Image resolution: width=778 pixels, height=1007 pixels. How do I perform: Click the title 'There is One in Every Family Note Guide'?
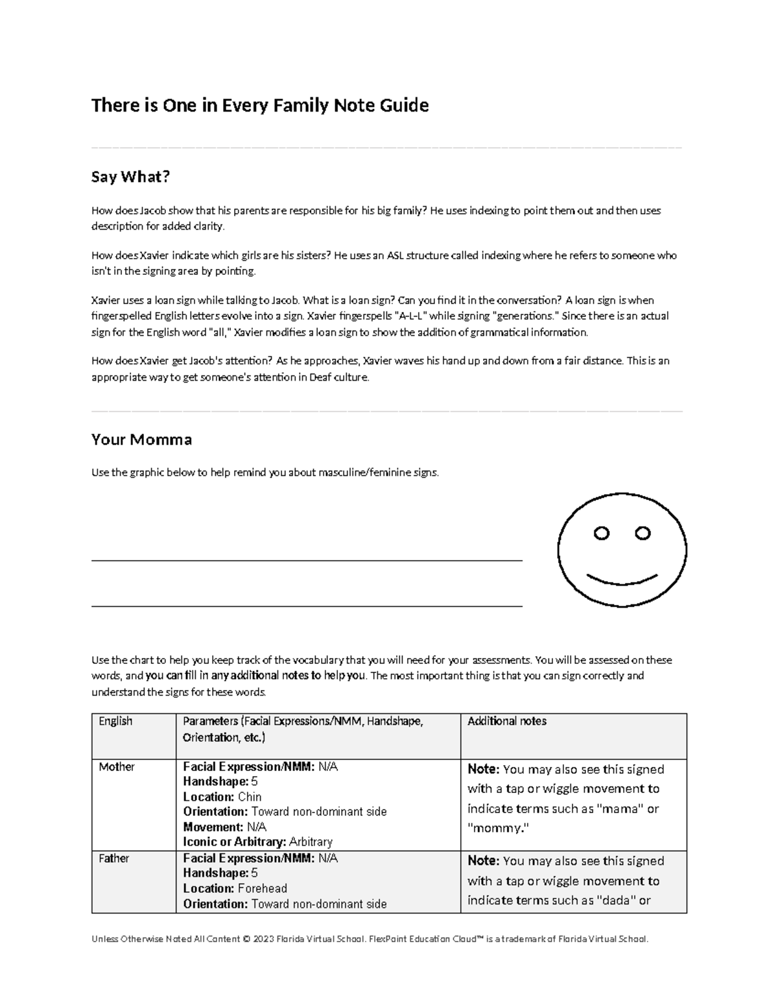(x=260, y=105)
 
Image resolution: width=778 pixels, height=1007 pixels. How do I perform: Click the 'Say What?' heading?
(x=130, y=177)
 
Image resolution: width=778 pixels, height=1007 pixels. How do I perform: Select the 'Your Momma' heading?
(x=141, y=440)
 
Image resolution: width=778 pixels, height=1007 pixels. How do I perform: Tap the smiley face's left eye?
(x=602, y=534)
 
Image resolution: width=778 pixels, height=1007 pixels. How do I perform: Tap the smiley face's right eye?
(x=642, y=533)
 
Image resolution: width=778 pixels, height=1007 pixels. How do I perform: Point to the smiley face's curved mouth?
(x=622, y=579)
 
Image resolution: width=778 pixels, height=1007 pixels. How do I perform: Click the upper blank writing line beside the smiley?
(x=307, y=560)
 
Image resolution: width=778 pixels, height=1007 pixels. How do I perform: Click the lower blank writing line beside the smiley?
(x=307, y=606)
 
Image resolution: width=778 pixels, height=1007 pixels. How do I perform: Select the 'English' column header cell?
(x=115, y=721)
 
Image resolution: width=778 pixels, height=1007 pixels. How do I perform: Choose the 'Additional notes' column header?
(x=507, y=721)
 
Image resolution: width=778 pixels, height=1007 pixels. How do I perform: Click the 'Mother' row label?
(x=117, y=767)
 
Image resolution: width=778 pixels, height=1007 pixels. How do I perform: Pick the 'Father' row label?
(x=114, y=859)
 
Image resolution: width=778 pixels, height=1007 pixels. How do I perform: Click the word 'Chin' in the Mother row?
(x=250, y=797)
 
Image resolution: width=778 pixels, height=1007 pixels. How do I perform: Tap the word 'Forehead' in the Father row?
(x=263, y=888)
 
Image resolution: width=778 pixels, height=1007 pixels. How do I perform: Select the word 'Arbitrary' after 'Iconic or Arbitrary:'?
(x=311, y=842)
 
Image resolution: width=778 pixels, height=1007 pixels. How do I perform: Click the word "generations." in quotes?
(x=526, y=316)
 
